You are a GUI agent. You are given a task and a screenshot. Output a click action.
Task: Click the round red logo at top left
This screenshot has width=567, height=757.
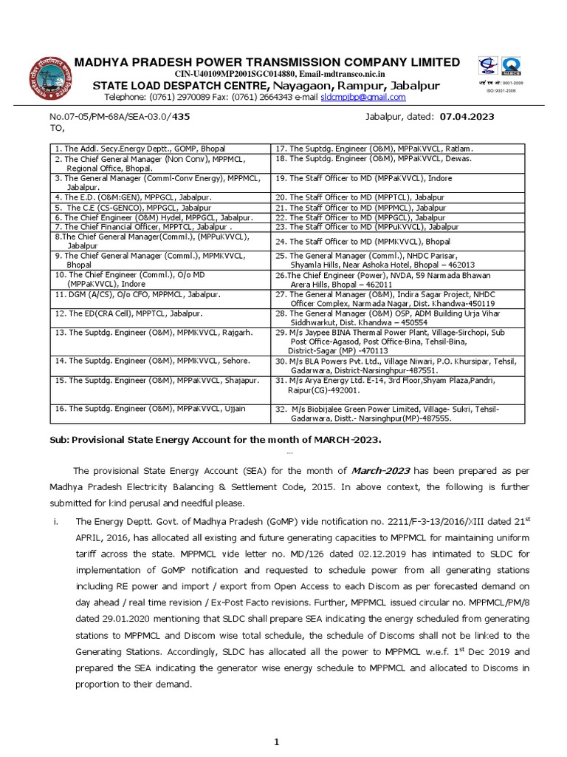tap(50, 81)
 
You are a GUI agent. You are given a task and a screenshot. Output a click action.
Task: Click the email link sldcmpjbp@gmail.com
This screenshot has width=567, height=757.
tap(362, 97)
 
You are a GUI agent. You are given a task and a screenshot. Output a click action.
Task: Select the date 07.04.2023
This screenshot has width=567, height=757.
tap(467, 117)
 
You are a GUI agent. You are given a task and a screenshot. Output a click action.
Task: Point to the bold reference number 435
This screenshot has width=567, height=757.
tap(181, 117)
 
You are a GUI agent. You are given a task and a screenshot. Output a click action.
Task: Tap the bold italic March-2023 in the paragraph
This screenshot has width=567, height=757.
tap(380, 471)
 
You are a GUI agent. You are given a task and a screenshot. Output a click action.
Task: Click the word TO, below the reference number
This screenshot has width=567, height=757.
tap(58, 128)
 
